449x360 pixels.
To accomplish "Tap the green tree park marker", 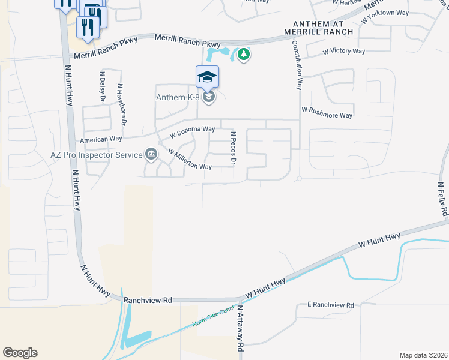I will [243, 55].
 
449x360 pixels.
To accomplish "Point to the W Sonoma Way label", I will [192, 130].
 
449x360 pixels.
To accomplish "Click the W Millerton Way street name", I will [190, 159].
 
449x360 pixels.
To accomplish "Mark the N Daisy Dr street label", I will [102, 84].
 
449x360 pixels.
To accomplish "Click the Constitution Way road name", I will [298, 65].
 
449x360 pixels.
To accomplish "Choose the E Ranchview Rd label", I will [330, 305].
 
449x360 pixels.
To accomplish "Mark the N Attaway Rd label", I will [240, 328].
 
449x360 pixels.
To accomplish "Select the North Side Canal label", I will [214, 319].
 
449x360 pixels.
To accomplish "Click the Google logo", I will [20, 352].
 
